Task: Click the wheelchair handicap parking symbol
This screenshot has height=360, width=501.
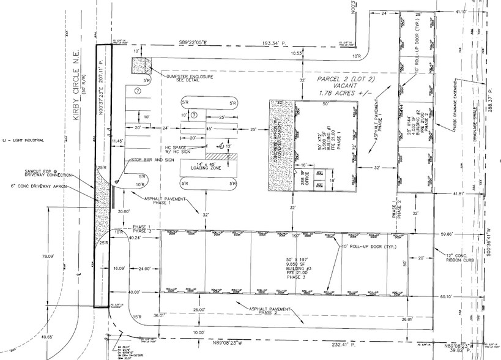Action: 218,145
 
